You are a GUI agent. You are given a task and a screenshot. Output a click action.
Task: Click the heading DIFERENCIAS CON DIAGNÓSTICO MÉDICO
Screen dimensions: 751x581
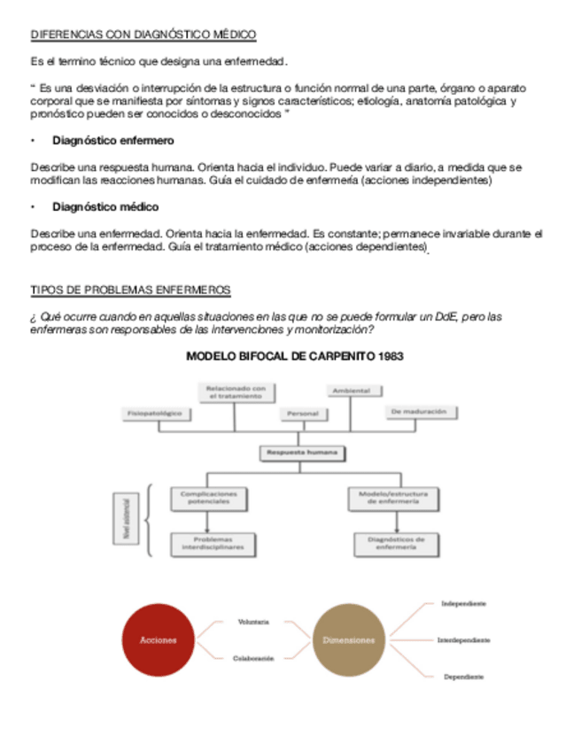pyautogui.click(x=143, y=35)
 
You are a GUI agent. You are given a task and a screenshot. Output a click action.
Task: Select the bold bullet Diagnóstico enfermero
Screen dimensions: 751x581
pyautogui.click(x=113, y=140)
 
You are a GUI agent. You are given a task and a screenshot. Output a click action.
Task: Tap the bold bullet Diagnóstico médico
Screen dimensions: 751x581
pyautogui.click(x=105, y=206)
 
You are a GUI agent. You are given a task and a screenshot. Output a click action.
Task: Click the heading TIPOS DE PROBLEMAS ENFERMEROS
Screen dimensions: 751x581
pyautogui.click(x=130, y=290)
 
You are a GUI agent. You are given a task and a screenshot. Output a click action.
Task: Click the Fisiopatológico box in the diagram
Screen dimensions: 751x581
pyautogui.click(x=155, y=414)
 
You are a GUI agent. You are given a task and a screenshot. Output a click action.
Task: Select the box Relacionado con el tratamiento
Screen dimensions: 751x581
pyautogui.click(x=236, y=391)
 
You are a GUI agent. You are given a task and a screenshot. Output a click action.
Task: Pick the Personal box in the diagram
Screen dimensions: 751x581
pyautogui.click(x=303, y=414)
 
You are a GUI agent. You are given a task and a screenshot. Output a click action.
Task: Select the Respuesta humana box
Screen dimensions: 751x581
pyautogui.click(x=303, y=453)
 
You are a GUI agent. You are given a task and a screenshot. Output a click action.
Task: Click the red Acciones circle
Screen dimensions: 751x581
pyautogui.click(x=158, y=639)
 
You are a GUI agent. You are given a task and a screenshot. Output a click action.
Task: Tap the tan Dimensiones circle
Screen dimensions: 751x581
pyautogui.click(x=348, y=639)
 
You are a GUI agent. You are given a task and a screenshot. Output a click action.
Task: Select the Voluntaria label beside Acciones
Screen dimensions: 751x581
pyautogui.click(x=253, y=622)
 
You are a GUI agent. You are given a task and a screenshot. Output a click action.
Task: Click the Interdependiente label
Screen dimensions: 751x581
pyautogui.click(x=463, y=639)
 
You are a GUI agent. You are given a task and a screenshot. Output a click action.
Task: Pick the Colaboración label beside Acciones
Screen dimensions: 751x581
pyautogui.click(x=253, y=658)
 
